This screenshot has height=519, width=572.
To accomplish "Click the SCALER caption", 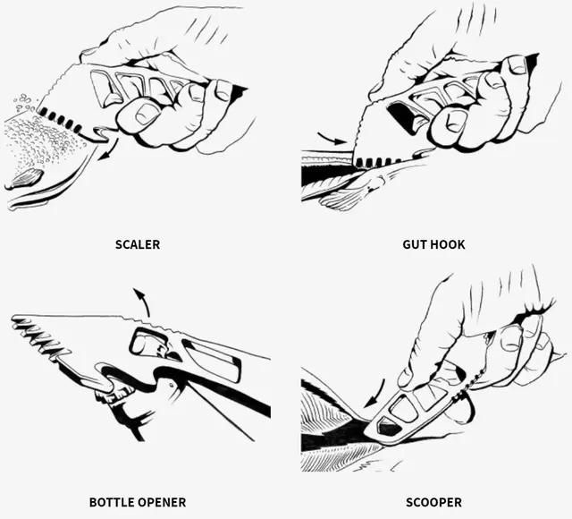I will click(138, 243).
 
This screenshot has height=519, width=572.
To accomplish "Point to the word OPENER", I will click(162, 502).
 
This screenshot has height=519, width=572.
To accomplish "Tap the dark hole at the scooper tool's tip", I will click(391, 430).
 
